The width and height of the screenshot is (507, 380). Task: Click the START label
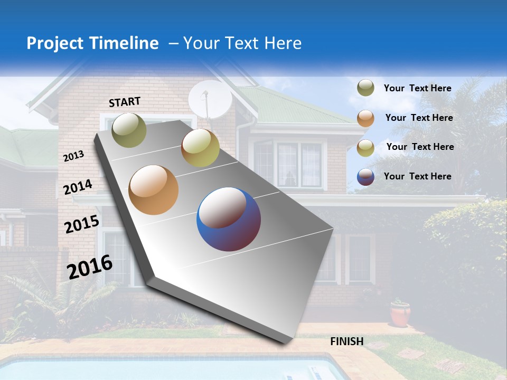[125, 102]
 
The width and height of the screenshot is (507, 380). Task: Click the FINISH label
[346, 341]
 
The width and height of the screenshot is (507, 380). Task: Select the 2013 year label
[73, 156]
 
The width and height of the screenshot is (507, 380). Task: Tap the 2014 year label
[78, 187]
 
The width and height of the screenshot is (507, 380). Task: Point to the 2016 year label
[90, 267]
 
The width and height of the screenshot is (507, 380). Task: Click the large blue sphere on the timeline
[229, 219]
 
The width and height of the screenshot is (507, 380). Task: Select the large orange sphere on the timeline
[153, 190]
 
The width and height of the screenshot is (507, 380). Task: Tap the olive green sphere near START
[129, 130]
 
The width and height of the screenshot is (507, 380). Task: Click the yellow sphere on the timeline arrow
[200, 148]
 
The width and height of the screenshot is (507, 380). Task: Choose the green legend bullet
[365, 88]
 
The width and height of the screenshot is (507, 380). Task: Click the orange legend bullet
[365, 118]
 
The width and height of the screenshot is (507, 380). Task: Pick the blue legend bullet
[365, 177]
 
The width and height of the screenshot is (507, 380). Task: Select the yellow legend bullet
[365, 148]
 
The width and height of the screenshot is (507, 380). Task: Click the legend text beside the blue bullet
[417, 176]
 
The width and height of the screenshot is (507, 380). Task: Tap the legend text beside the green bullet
[417, 88]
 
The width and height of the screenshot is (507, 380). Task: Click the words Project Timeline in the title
[92, 43]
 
